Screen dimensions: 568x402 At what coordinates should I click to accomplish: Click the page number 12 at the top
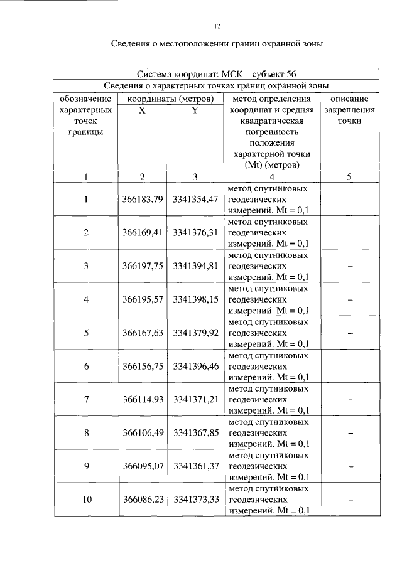216,26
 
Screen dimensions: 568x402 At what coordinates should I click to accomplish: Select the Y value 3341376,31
195,232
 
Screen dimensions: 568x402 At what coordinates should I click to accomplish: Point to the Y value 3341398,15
195,299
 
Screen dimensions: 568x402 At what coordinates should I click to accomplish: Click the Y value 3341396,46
195,366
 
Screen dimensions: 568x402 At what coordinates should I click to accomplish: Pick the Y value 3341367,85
195,432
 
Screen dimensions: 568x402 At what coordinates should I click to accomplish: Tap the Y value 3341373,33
195,500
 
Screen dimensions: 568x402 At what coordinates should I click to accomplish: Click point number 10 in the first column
86,500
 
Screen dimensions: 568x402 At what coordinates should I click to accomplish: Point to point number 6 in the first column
86,366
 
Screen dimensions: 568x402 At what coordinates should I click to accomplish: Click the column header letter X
142,110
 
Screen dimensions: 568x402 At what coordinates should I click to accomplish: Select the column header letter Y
195,110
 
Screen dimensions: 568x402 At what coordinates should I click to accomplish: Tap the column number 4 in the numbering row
271,177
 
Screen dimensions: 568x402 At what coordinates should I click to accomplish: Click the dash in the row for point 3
349,266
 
